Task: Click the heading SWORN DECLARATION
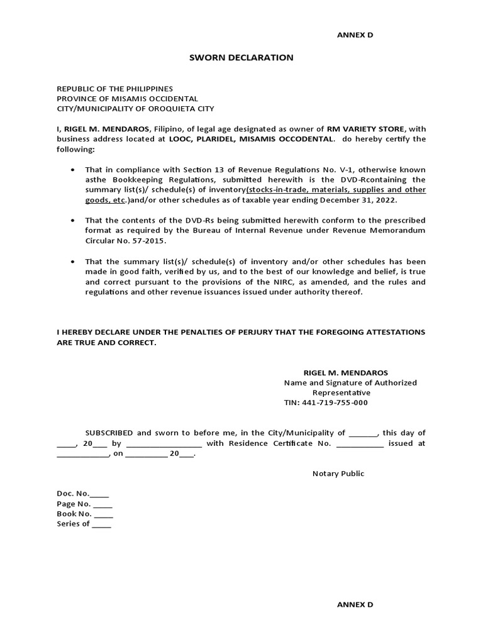(x=241, y=57)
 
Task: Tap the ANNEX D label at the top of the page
(x=355, y=35)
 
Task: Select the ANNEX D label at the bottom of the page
(x=355, y=604)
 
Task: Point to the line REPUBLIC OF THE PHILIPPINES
(x=114, y=89)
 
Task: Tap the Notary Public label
(x=338, y=474)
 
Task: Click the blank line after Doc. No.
(x=99, y=494)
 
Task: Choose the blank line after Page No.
(x=103, y=504)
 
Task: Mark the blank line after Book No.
(x=103, y=514)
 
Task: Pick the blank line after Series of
(x=101, y=525)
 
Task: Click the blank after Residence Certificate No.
(x=360, y=443)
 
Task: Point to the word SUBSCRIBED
(x=109, y=433)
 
